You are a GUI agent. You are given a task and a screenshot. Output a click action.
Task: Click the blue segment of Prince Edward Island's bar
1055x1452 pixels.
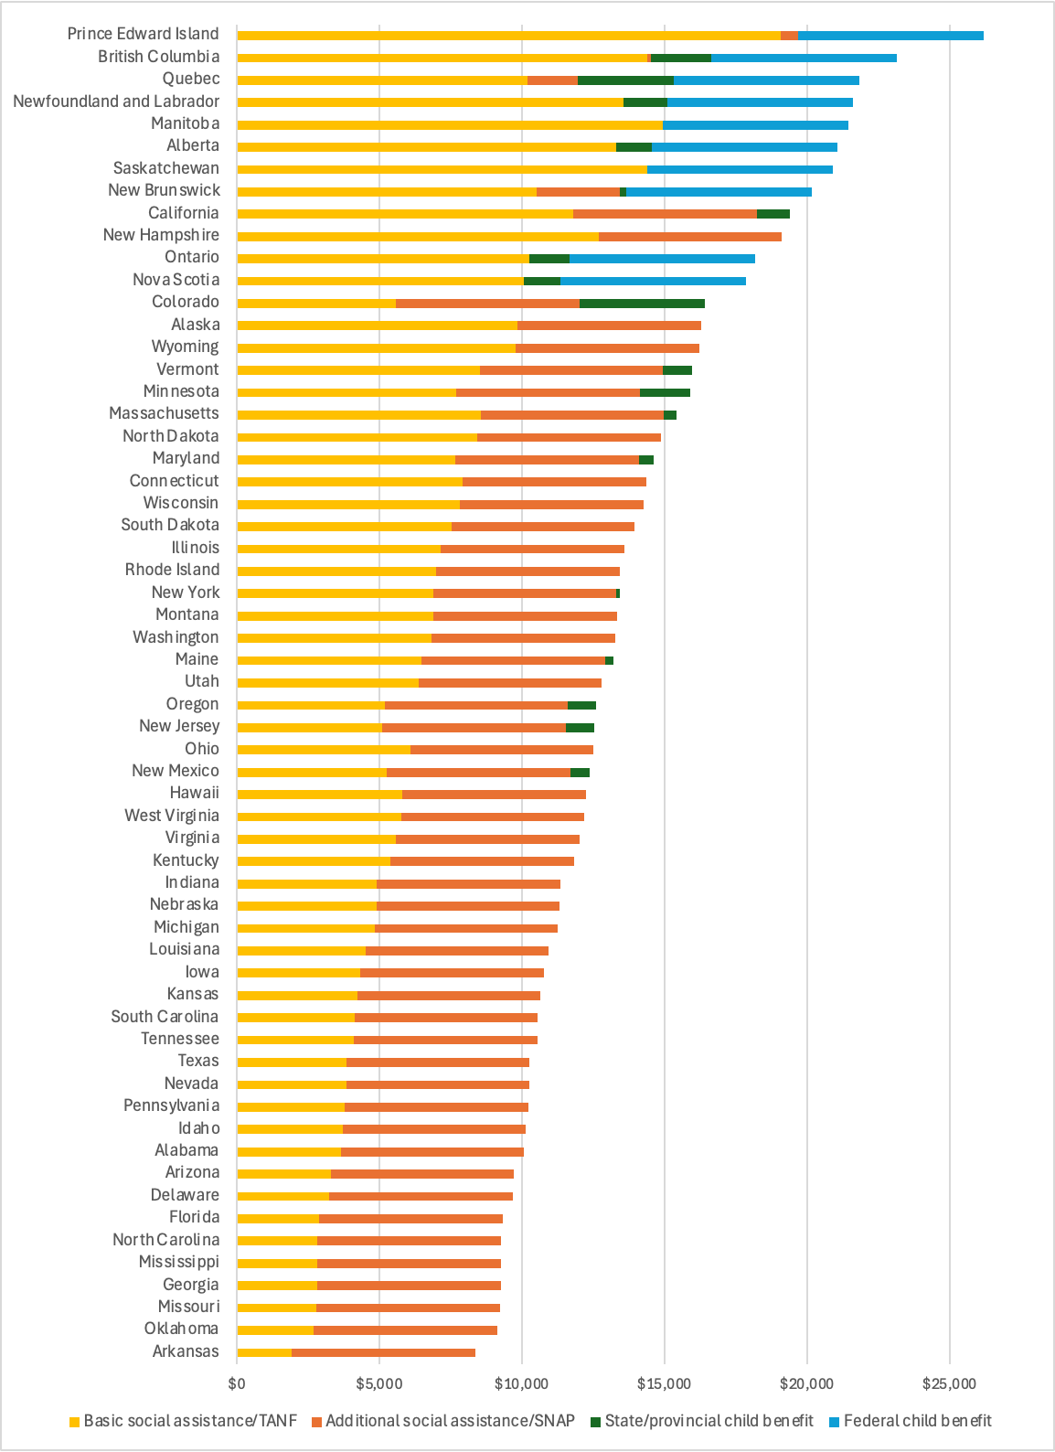click(x=890, y=36)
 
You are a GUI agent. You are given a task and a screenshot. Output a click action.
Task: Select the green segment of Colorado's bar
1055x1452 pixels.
click(x=642, y=304)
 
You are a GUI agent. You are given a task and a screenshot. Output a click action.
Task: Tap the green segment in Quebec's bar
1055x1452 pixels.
click(x=625, y=80)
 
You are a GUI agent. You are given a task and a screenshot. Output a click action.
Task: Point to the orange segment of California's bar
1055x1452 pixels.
click(x=665, y=214)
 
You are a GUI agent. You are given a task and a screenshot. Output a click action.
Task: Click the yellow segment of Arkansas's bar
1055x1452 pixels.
click(x=264, y=1352)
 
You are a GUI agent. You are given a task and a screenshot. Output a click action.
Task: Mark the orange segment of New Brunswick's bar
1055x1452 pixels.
click(x=578, y=192)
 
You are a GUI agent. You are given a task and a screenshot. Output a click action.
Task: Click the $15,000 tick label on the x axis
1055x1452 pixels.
click(x=664, y=1383)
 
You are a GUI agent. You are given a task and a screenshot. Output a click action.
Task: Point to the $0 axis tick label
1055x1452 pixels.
click(x=237, y=1383)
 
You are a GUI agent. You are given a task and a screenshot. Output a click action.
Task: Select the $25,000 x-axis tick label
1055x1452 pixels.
click(x=949, y=1383)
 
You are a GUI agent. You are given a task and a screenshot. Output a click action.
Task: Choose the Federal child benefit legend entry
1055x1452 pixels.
click(x=917, y=1421)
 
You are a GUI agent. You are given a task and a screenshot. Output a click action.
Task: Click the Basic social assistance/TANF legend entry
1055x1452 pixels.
click(x=190, y=1421)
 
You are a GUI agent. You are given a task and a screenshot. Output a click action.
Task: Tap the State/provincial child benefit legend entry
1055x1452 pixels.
click(x=709, y=1421)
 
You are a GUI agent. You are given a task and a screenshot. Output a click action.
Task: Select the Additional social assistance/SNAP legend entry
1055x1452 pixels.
click(x=450, y=1421)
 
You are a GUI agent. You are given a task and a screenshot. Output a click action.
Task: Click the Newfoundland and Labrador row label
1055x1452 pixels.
click(x=116, y=101)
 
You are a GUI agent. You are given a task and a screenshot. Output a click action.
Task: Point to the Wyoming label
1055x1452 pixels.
click(x=186, y=347)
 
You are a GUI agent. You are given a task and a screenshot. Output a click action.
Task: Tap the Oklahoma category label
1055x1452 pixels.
click(x=181, y=1329)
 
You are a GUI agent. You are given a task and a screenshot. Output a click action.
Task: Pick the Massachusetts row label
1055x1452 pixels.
click(x=165, y=413)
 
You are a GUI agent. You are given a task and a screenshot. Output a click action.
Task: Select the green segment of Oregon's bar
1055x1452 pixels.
click(x=581, y=705)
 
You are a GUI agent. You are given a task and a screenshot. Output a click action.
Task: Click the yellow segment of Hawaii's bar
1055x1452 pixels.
click(x=319, y=795)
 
